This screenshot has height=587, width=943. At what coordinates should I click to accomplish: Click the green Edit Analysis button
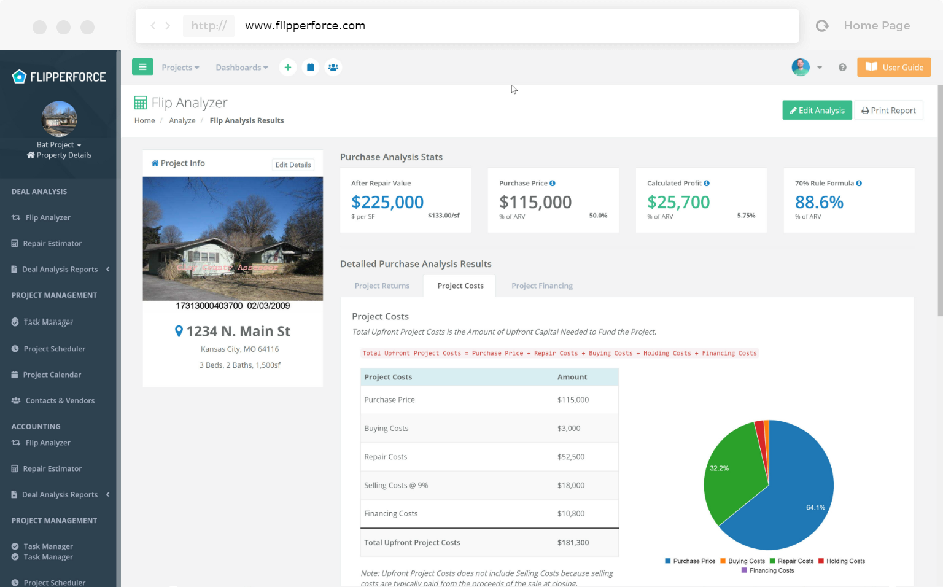[x=817, y=111]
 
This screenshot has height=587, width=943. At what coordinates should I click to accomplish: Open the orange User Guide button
[x=894, y=68]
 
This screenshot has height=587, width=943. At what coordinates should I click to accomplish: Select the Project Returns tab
[x=382, y=286]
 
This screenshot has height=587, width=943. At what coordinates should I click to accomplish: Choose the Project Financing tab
[x=541, y=286]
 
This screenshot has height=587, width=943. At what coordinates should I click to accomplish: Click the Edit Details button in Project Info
[x=293, y=165]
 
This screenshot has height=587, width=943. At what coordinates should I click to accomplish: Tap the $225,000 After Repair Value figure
[x=387, y=202]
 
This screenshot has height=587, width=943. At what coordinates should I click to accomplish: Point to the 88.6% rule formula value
[x=819, y=202]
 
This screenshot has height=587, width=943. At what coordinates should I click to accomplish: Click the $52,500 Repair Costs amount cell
[x=570, y=457]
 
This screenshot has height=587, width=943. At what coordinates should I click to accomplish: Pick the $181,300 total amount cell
[x=573, y=543]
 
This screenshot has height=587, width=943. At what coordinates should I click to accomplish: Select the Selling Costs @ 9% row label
[x=396, y=486]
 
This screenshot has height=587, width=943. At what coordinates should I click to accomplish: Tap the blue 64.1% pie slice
[x=798, y=497]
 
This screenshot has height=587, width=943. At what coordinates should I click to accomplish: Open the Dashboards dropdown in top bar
[x=241, y=68]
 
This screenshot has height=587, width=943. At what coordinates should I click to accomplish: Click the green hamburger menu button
[x=142, y=67]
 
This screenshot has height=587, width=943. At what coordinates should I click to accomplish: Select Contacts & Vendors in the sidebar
[x=60, y=401]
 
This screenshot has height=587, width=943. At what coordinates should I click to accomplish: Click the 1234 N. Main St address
[x=238, y=332]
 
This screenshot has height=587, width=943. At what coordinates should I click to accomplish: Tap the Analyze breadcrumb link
[x=182, y=121]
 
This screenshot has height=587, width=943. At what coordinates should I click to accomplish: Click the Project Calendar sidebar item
[x=52, y=375]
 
